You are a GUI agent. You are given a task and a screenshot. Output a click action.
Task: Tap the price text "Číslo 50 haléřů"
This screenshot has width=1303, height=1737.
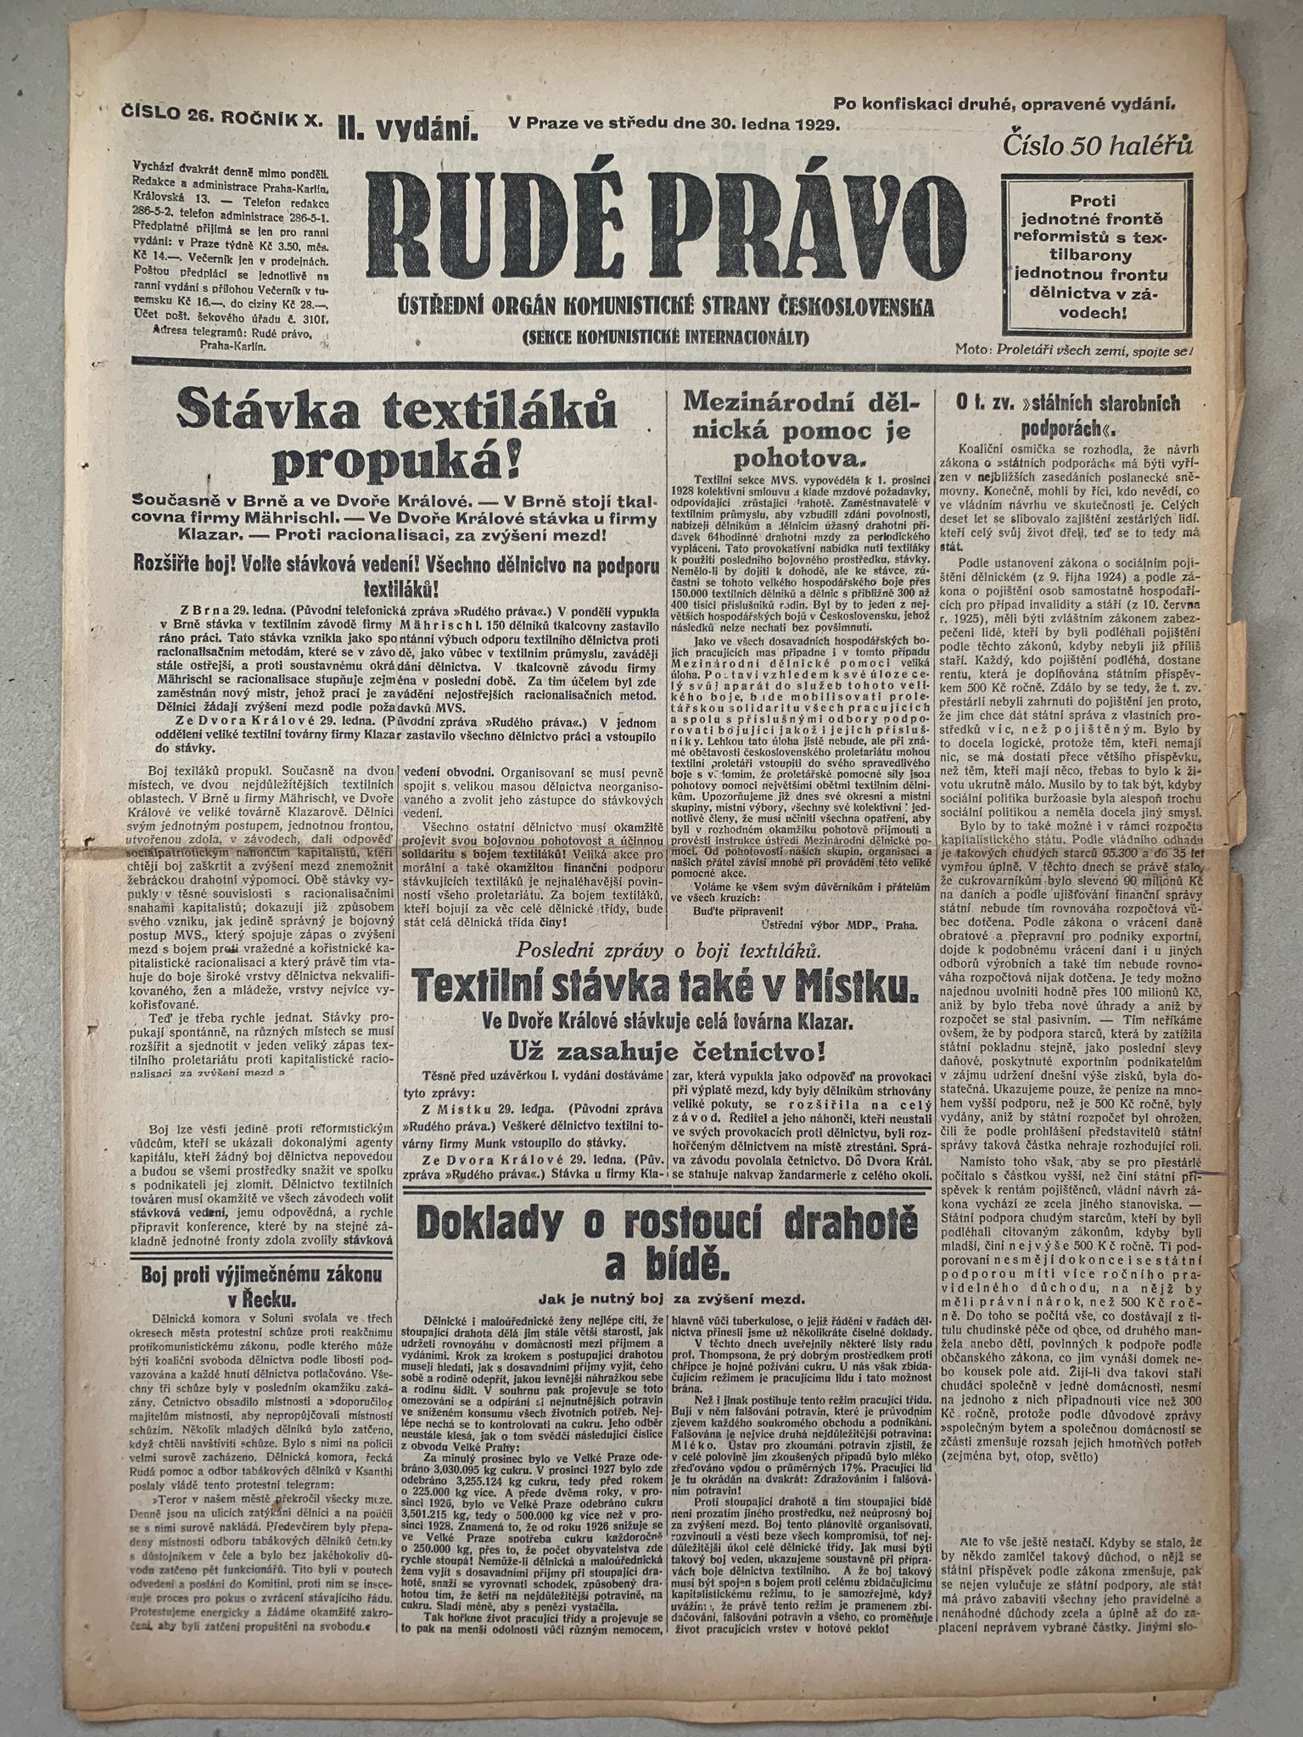1099,144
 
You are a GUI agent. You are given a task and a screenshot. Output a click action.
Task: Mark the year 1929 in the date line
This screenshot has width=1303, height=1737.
812,125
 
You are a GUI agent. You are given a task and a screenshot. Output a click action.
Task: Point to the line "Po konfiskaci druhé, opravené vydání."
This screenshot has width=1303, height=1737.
1004,104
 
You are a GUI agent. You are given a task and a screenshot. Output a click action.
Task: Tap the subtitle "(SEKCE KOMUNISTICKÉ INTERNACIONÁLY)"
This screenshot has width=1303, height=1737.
651,338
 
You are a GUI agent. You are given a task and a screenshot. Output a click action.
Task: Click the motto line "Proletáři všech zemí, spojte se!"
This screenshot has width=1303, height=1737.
1094,349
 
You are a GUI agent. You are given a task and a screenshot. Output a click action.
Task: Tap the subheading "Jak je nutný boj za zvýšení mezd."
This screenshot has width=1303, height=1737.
670,1299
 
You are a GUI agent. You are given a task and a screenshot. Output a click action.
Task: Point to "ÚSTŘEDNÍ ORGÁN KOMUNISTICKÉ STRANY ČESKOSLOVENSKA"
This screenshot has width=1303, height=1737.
651,306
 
